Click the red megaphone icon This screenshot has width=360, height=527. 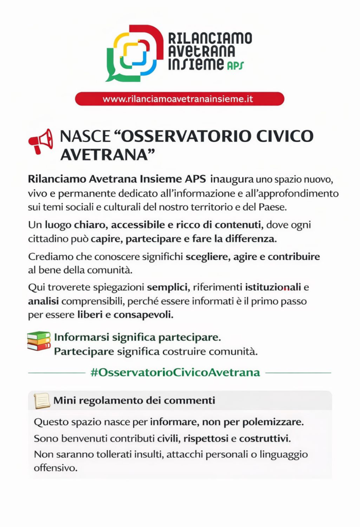(x=41, y=141)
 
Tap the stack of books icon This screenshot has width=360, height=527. (x=39, y=341)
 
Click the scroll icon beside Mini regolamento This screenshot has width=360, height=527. (x=42, y=400)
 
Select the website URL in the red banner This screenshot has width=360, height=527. (x=178, y=99)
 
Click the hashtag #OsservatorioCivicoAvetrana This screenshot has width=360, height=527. (x=175, y=372)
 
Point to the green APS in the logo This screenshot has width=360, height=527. (x=235, y=65)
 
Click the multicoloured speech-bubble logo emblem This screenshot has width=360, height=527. (x=134, y=53)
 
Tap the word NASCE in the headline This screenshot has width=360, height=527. (x=85, y=136)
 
